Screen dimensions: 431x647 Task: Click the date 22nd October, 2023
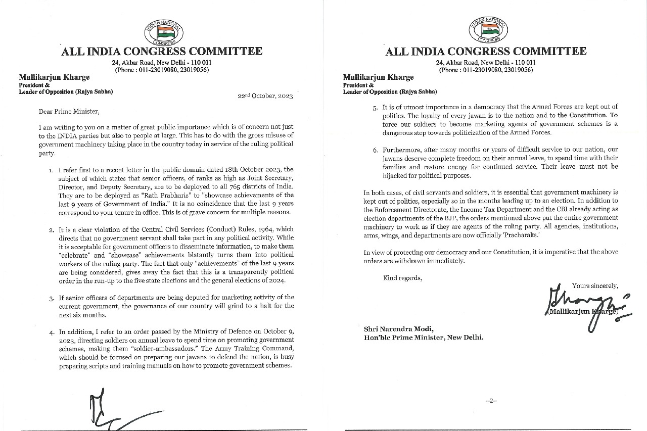point(265,96)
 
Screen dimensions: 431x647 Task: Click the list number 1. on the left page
point(51,170)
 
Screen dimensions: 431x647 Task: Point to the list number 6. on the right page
point(375,151)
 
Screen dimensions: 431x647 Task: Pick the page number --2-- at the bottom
point(491,401)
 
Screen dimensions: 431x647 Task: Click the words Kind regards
point(402,277)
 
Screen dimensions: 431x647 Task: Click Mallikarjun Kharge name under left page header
point(54,77)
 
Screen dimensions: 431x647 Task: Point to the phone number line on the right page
point(486,70)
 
